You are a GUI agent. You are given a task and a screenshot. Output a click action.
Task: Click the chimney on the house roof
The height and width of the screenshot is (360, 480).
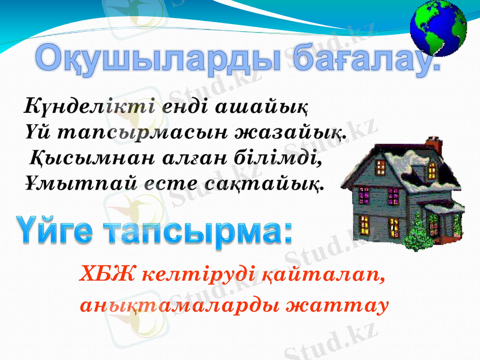[x=433, y=145]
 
